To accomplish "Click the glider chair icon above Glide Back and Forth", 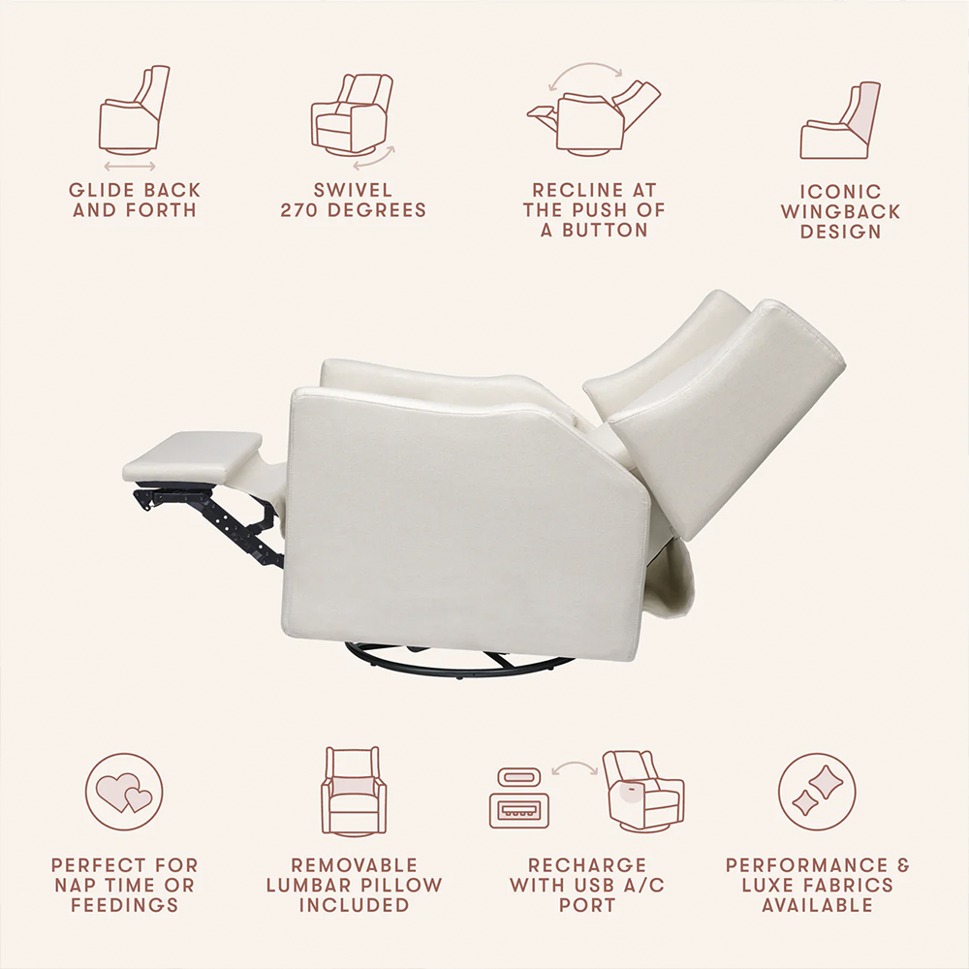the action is (x=134, y=110).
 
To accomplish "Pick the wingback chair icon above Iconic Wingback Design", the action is (x=840, y=120).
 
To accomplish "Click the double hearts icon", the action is (x=124, y=792).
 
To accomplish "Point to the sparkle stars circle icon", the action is (x=817, y=792).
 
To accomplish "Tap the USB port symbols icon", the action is (x=519, y=797).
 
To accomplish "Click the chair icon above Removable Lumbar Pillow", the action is (x=354, y=791).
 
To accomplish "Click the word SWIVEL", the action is (x=353, y=190).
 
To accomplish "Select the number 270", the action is (x=300, y=210).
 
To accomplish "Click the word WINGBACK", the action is (x=840, y=211).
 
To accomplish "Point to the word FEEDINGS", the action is (x=124, y=905).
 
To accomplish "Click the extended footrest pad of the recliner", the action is (x=192, y=456).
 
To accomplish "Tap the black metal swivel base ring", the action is (x=459, y=661).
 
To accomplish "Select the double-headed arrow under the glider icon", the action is (x=130, y=167).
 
